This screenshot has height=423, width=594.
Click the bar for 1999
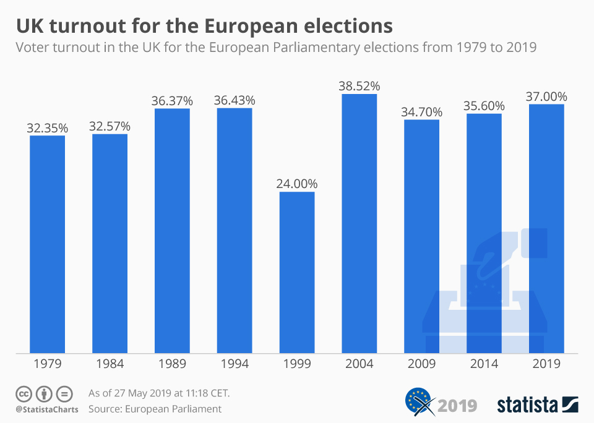297,272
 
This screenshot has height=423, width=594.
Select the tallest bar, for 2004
359,223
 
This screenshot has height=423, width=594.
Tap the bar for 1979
48,244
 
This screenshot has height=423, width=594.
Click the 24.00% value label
297,184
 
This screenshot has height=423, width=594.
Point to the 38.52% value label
359,85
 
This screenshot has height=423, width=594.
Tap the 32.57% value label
110,126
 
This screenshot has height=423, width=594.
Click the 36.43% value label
235,100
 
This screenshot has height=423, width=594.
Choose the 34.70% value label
421,112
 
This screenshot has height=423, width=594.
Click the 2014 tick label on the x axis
484,364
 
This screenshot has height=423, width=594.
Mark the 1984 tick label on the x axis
110,364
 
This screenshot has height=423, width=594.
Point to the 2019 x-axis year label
546,364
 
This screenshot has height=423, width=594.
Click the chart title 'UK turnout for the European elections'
204,26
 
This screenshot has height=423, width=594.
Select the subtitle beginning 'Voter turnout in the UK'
275,48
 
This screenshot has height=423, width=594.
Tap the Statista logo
537,405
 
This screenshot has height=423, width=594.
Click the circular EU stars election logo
419,403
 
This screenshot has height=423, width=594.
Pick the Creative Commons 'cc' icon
24,393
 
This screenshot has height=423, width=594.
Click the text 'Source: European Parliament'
155,409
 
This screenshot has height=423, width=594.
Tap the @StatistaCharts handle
47,409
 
